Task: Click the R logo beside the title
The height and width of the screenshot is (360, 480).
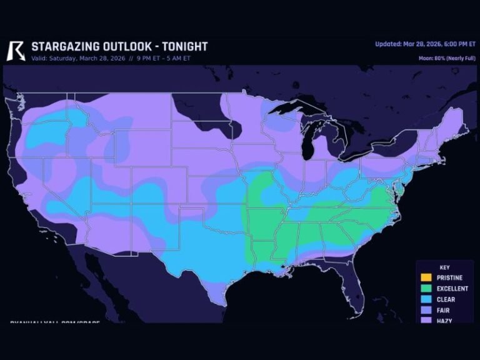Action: tap(16, 51)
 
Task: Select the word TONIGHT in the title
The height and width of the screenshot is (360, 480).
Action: tap(185, 47)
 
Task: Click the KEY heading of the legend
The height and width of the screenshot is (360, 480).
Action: tap(444, 267)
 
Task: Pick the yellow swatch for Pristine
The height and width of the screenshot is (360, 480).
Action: tap(426, 277)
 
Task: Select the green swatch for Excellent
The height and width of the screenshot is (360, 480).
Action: tap(426, 289)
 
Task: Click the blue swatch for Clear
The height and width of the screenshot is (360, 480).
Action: tap(426, 299)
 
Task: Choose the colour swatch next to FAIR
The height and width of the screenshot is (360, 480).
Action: tap(426, 310)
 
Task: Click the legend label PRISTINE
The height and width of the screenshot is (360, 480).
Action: tap(450, 277)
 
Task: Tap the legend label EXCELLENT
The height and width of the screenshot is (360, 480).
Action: tap(452, 289)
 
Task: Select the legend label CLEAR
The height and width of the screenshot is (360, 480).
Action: tap(446, 299)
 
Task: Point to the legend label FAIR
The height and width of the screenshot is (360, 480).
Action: tap(444, 310)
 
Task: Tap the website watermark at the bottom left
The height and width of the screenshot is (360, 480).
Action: tap(47, 322)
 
